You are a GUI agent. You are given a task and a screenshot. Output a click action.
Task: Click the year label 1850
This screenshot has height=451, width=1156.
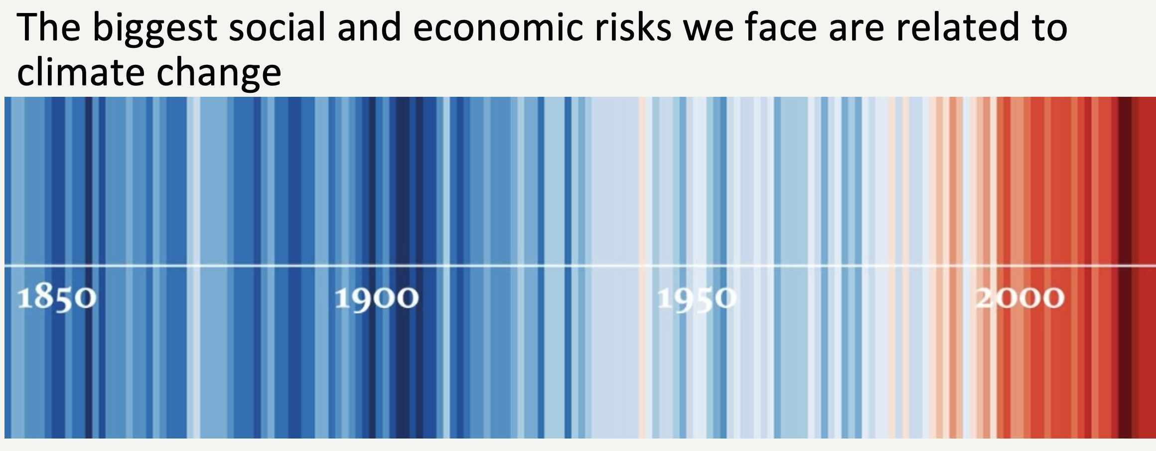point(57,298)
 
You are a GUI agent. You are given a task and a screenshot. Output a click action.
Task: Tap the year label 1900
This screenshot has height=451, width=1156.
point(377,298)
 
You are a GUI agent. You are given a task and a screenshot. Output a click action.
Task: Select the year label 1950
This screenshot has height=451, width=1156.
point(697,299)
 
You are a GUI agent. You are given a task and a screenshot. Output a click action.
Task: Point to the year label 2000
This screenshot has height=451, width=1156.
point(1019,298)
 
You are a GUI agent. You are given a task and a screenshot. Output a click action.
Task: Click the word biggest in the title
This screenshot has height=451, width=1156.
point(154,29)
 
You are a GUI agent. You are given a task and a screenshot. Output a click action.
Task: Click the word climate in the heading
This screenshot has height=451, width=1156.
point(81,72)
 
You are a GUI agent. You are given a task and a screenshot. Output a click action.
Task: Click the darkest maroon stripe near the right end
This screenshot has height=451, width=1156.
point(1125,267)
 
